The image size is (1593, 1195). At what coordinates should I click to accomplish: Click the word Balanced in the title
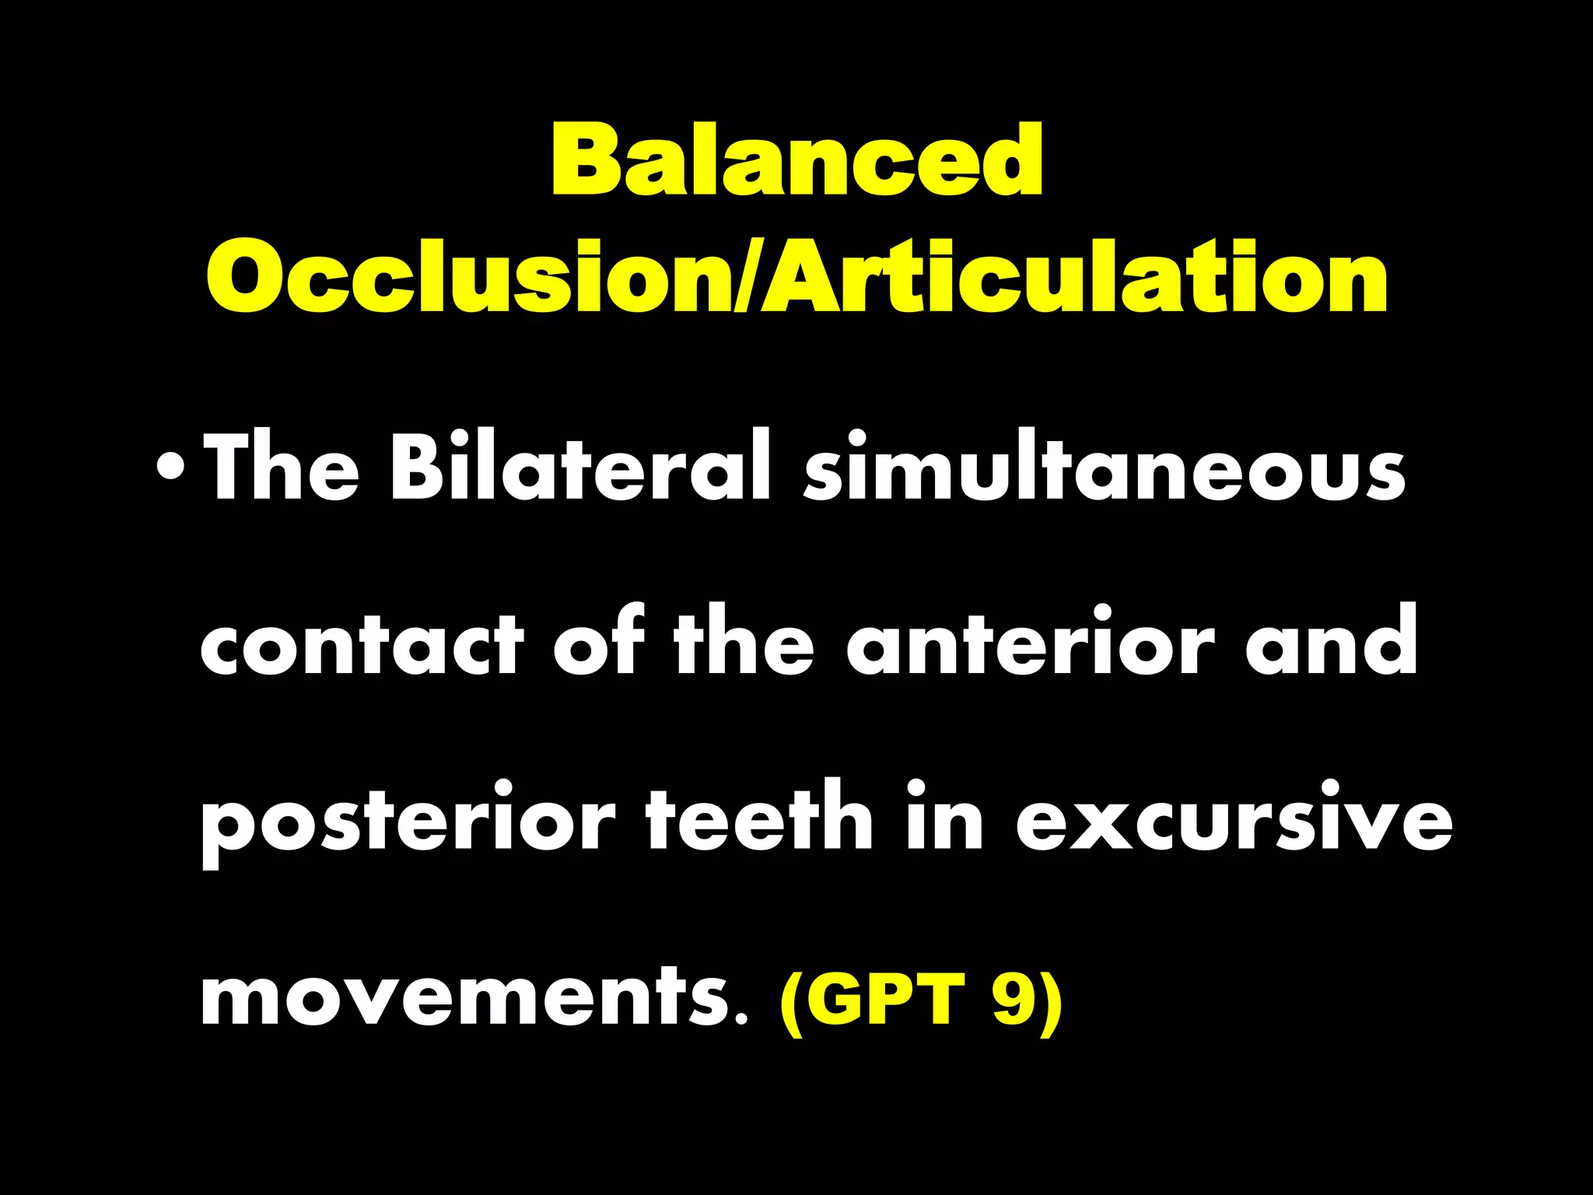796,161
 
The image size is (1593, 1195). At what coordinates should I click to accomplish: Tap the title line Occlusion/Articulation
796,276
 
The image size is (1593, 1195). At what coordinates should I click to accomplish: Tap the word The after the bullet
281,467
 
